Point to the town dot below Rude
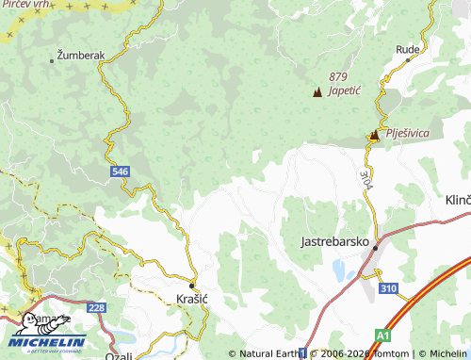[408, 59]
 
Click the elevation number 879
[339, 76]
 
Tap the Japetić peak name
[346, 91]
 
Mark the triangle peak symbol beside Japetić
[317, 92]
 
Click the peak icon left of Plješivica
[374, 136]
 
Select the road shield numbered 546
[119, 172]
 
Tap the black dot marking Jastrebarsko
[375, 247]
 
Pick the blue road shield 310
[388, 287]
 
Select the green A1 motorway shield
[383, 334]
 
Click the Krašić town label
[192, 300]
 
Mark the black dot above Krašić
[191, 285]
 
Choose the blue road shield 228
[95, 307]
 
